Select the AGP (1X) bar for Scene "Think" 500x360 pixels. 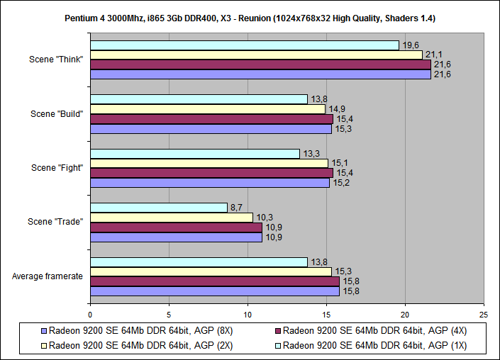(245, 45)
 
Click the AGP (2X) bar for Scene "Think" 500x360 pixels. (256, 55)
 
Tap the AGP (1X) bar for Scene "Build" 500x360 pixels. (199, 99)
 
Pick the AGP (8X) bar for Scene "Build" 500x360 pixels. (211, 129)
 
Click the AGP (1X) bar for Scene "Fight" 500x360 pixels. (195, 154)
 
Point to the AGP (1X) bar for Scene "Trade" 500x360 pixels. (159, 208)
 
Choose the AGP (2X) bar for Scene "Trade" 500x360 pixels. (172, 218)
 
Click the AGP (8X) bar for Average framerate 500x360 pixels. (214, 291)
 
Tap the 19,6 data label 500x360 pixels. (410, 45)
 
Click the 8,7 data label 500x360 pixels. (237, 208)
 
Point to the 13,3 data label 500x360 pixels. (311, 154)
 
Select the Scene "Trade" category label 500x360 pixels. (55, 222)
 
